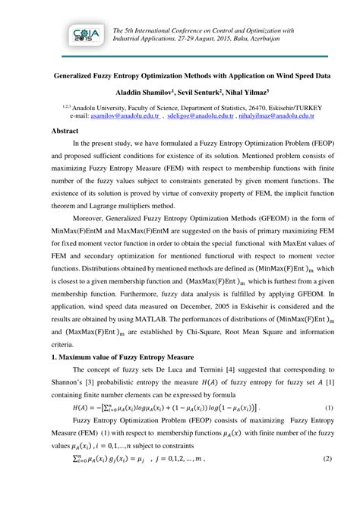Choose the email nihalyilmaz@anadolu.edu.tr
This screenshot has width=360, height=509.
click(281, 117)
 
